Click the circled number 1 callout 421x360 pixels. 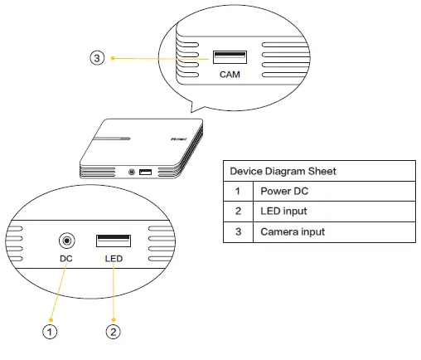[x=51, y=332]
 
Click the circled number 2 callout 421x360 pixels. [x=114, y=332]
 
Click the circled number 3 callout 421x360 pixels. [x=98, y=58]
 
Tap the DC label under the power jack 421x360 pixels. [x=67, y=259]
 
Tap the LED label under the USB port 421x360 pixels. [x=114, y=259]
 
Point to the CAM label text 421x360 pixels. [x=230, y=75]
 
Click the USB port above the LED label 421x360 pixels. [x=114, y=241]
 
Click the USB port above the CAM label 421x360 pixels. [x=230, y=57]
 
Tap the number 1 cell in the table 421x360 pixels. [x=238, y=191]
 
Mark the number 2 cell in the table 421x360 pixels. [x=238, y=212]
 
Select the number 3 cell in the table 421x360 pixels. [x=238, y=231]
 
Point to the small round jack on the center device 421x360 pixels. [x=132, y=173]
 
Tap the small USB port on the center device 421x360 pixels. [x=145, y=172]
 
